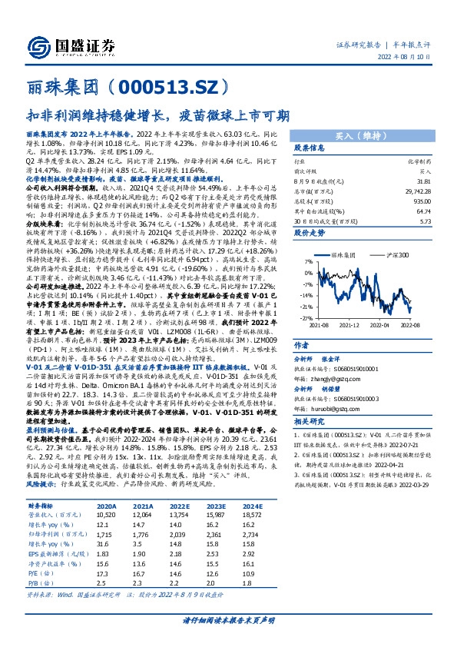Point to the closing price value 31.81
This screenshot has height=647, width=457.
(x=423, y=181)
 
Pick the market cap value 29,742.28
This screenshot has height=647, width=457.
(x=419, y=189)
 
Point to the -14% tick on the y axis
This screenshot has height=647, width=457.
(x=306, y=294)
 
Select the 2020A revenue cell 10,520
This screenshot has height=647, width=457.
(x=106, y=537)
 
